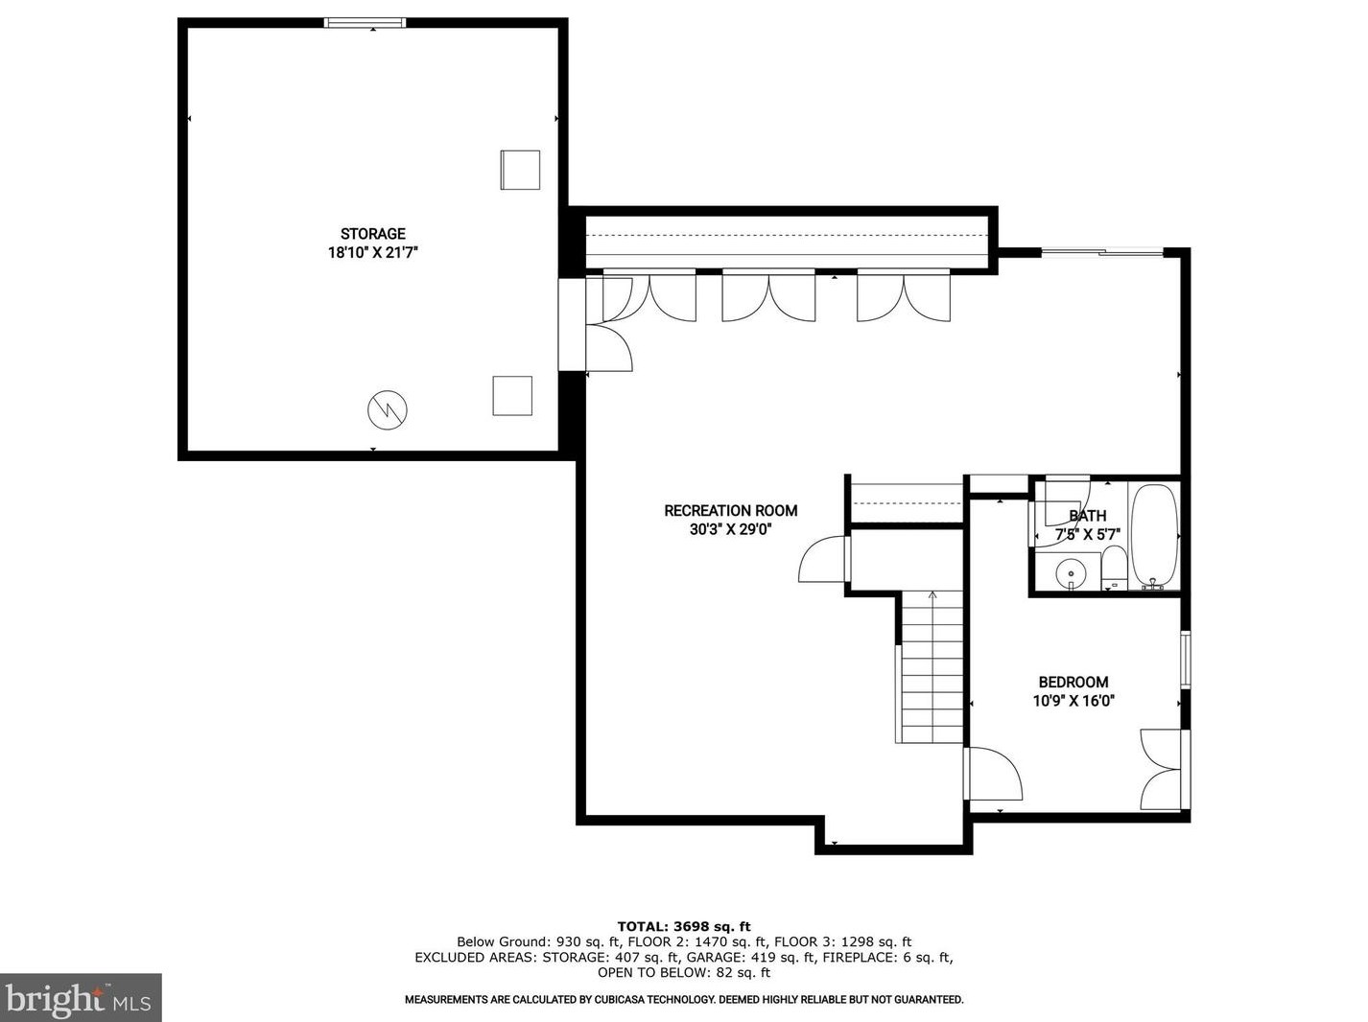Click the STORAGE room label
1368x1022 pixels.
click(x=372, y=234)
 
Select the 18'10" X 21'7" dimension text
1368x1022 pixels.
click(x=372, y=253)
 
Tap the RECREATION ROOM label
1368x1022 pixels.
click(x=730, y=511)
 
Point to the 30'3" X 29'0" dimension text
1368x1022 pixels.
click(x=730, y=529)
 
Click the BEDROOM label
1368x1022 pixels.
click(x=1073, y=683)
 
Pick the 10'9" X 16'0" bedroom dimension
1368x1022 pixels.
click(x=1073, y=701)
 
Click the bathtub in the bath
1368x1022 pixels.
click(x=1153, y=535)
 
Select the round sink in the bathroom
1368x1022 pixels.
click(x=1071, y=574)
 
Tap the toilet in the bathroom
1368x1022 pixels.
click(x=1113, y=569)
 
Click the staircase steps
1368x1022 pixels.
click(x=931, y=666)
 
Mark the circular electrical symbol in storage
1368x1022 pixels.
click(x=388, y=410)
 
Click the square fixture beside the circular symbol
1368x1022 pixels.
click(x=512, y=396)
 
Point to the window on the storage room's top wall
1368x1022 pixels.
click(x=365, y=23)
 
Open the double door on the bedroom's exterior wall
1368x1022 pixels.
click(x=1163, y=770)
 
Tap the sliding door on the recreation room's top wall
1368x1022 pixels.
click(x=1101, y=253)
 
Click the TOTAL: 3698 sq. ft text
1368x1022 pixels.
click(x=683, y=926)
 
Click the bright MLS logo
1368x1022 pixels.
click(x=81, y=998)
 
